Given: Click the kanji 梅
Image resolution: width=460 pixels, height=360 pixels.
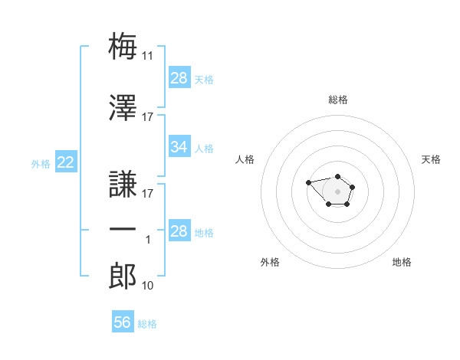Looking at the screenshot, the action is click(x=123, y=46).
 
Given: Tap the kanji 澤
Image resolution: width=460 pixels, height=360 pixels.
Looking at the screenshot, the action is click(x=123, y=107).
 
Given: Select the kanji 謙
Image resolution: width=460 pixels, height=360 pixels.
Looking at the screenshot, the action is click(x=123, y=184).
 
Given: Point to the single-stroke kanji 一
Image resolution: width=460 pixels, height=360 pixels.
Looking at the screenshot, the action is click(x=123, y=229).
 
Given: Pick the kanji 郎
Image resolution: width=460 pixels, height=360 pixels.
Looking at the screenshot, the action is click(x=123, y=276).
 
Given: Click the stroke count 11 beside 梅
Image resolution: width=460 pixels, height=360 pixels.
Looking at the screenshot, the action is click(x=147, y=56).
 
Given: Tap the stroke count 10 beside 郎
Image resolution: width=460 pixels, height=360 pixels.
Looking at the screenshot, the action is click(x=147, y=285).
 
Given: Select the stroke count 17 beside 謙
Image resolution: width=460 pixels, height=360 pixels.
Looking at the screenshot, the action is click(x=147, y=194).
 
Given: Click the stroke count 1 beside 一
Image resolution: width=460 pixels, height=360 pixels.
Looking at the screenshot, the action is click(x=148, y=240).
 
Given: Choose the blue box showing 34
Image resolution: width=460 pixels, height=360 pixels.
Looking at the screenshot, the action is click(x=179, y=146).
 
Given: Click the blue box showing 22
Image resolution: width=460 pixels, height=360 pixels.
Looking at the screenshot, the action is click(x=66, y=162).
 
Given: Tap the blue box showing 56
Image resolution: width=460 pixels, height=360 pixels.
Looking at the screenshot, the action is click(x=123, y=321).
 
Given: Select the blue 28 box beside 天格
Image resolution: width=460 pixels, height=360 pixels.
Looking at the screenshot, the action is click(x=179, y=77).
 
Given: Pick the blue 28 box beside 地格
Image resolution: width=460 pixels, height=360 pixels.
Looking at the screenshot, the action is click(x=179, y=230).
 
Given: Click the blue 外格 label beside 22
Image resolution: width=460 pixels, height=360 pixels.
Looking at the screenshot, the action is click(x=41, y=164).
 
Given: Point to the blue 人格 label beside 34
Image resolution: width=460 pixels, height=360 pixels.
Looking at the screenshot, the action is click(x=204, y=149).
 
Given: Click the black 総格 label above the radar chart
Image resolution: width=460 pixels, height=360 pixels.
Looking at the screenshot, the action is click(x=338, y=100).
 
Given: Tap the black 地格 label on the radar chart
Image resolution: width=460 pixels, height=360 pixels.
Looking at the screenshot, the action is click(x=402, y=262).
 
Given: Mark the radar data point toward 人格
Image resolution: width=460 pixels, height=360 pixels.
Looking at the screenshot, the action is click(x=308, y=182).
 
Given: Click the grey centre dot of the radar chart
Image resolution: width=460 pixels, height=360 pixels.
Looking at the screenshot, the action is click(x=337, y=191).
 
